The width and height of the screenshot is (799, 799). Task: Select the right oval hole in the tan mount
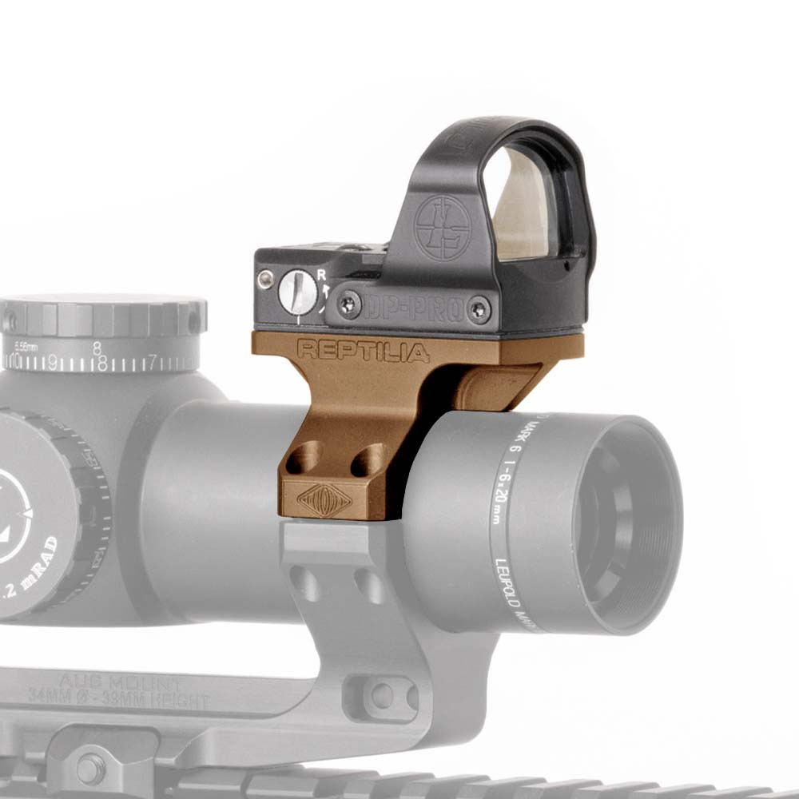point(370,461)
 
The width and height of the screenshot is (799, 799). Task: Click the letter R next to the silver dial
point(321,275)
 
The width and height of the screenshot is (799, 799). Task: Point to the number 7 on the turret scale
point(153,360)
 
